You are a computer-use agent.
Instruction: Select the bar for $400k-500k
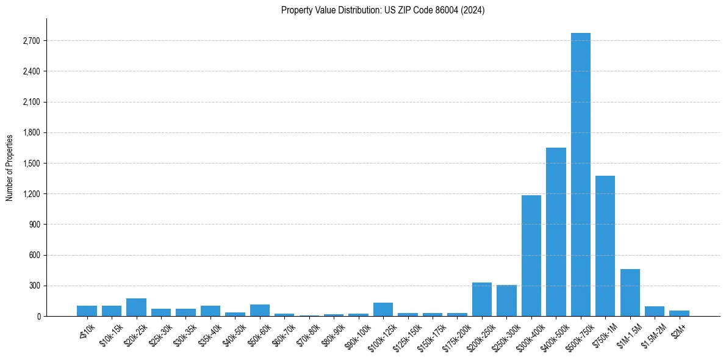coord(556,232)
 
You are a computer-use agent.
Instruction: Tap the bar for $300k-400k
coord(531,256)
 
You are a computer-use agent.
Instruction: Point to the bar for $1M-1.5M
coord(630,293)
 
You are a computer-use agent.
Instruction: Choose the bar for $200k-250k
coord(482,300)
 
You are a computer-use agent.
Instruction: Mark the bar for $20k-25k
coord(136,308)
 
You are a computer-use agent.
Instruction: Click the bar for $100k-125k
coord(383,309)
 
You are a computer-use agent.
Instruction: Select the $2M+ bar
coord(679,314)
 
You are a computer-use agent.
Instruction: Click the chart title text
coord(383,10)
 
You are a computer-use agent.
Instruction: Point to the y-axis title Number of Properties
coord(10,167)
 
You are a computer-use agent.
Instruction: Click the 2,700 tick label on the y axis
coord(31,41)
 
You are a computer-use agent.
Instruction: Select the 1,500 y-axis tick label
coord(31,164)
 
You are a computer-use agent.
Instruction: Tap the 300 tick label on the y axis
coord(34,286)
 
